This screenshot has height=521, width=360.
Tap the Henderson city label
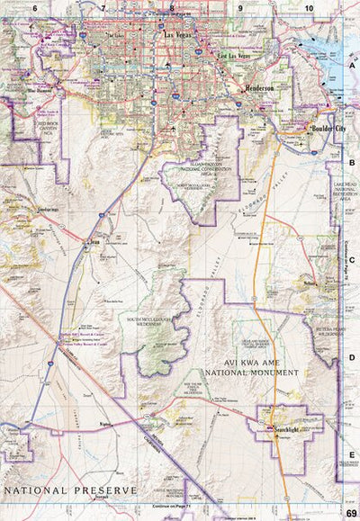click(262, 90)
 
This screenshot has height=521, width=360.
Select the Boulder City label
click(322, 129)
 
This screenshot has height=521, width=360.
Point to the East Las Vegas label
click(231, 57)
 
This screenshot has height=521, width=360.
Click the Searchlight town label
click(285, 431)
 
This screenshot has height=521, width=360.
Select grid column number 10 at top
click(308, 7)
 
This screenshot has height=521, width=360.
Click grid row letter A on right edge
click(352, 65)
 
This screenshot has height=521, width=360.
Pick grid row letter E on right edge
click(352, 455)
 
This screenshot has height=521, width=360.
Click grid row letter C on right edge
click(352, 260)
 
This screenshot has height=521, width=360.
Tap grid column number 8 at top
click(171, 7)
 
